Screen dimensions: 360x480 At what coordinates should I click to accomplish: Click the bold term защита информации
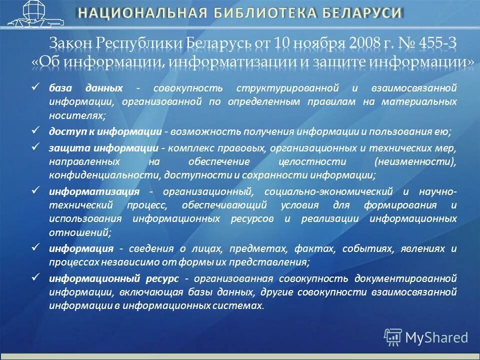pyautogui.click(x=104, y=148)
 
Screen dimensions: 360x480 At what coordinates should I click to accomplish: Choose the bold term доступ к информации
pyautogui.click(x=105, y=131)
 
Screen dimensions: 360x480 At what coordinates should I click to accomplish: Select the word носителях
pyautogui.click(x=76, y=115)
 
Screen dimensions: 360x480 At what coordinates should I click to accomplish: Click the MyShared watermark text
pyautogui.click(x=436, y=337)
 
